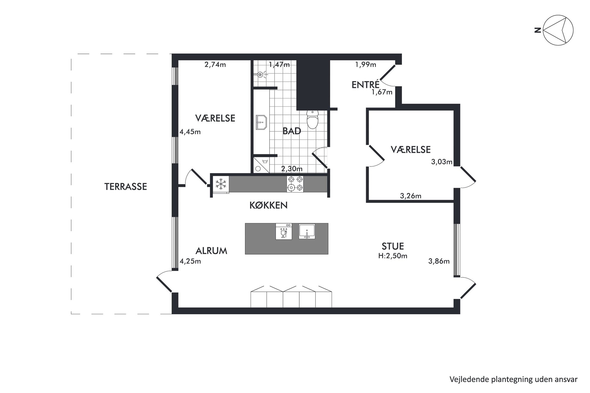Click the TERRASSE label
tap(125, 187)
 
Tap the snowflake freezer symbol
tap(221, 184)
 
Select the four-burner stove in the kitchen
tap(295, 184)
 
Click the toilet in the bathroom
tap(312, 119)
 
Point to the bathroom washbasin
tap(261, 122)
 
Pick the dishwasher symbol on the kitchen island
tap(284, 231)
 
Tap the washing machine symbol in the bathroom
tap(261, 165)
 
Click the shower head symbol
tap(260, 74)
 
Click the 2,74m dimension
tap(215, 64)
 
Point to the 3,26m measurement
tap(410, 196)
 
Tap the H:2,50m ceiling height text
tap(393, 256)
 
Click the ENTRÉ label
tap(365, 85)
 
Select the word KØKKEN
tap(268, 205)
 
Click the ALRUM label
tap(211, 251)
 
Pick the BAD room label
tap(291, 131)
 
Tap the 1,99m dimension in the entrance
tap(366, 64)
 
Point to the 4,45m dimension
tap(190, 132)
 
